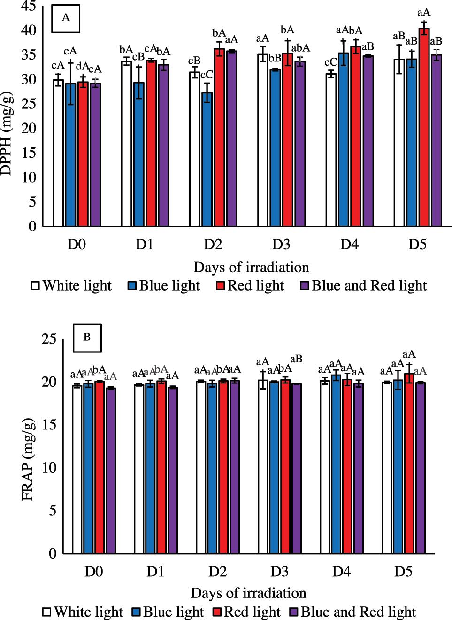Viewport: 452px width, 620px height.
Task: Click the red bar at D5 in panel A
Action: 423,127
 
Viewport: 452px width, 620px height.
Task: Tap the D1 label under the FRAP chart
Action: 155,571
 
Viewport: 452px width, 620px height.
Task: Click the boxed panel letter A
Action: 66,18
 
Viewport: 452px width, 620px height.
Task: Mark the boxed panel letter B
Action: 87,337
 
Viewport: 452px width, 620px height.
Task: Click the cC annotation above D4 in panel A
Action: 330,63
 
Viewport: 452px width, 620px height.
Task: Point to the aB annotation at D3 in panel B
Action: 296,359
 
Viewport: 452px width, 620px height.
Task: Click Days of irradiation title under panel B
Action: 249,593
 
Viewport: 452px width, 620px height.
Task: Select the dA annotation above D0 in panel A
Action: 83,66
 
